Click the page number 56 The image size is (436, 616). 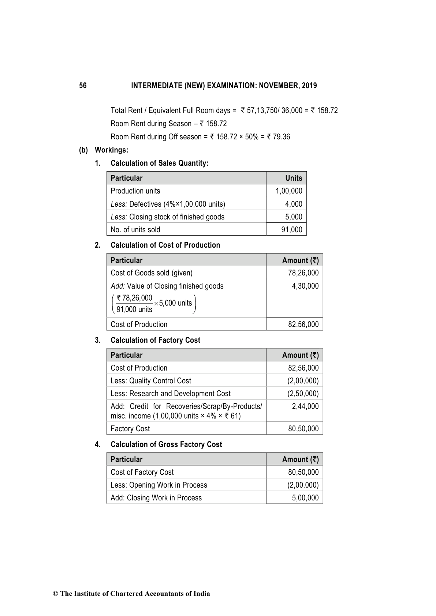pyautogui.click(x=83, y=86)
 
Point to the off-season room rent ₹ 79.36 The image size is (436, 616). pyautogui.click(x=279, y=137)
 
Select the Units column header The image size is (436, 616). pyautogui.click(x=294, y=178)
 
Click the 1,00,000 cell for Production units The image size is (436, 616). pyautogui.click(x=289, y=191)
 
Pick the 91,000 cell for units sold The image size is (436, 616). pyautogui.click(x=292, y=230)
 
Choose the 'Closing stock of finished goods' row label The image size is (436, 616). pyautogui.click(x=167, y=217)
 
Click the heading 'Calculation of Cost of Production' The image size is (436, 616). pyautogui.click(x=165, y=245)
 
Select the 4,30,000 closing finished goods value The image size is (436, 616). pyautogui.click(x=305, y=286)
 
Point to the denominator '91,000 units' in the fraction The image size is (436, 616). pyautogui.click(x=134, y=309)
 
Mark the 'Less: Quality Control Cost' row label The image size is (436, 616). pyautogui.click(x=151, y=381)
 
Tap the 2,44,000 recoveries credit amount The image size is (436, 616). pyautogui.click(x=305, y=406)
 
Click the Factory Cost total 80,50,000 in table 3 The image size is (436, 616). pyautogui.click(x=303, y=429)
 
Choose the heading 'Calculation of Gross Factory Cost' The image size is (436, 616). pyautogui.click(x=166, y=444)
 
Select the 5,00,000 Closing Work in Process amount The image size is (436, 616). pyautogui.click(x=305, y=498)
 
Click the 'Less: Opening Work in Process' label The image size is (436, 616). pyautogui.click(x=159, y=485)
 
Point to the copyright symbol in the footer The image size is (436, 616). pyautogui.click(x=56, y=594)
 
